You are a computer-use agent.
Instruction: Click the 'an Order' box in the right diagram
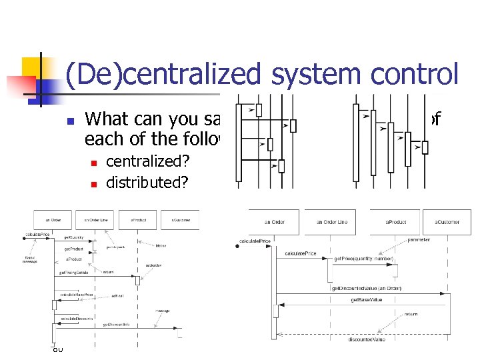(275, 221)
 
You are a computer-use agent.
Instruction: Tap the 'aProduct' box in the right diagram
(395, 221)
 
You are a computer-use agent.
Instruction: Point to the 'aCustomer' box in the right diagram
(452, 221)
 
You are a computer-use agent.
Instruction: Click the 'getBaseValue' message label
(366, 300)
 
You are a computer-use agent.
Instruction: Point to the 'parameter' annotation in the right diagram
(419, 239)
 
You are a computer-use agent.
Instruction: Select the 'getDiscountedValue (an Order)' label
(366, 288)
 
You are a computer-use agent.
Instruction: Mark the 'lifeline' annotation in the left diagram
(160, 245)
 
